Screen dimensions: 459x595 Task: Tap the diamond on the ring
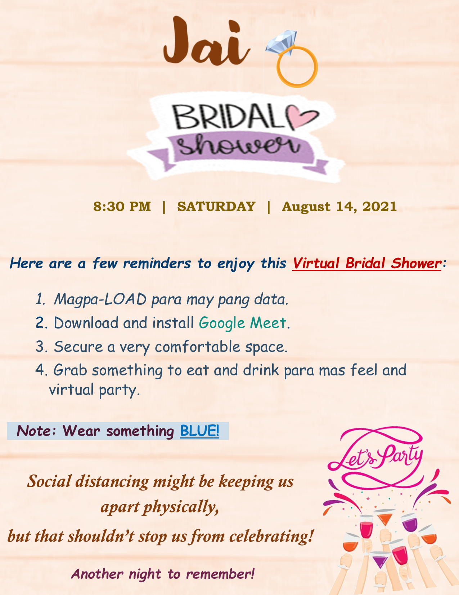pos(281,43)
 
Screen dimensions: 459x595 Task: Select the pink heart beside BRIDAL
pos(302,118)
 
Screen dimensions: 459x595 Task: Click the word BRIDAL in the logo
pos(228,117)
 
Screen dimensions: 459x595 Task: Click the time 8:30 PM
pos(122,207)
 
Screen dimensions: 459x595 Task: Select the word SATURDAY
pos(216,207)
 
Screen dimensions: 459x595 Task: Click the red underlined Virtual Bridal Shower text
pos(366,263)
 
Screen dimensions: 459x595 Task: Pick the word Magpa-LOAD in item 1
pos(100,299)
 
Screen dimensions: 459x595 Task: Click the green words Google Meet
pos(242,323)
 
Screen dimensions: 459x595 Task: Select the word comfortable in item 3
pos(197,347)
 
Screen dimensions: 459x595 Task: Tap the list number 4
pos(39,370)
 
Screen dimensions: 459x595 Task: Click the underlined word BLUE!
pos(199,431)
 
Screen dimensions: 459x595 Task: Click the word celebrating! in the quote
pos(271,536)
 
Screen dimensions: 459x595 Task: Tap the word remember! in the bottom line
pos(220,574)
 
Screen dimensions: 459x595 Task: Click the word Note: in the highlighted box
pos(36,431)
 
